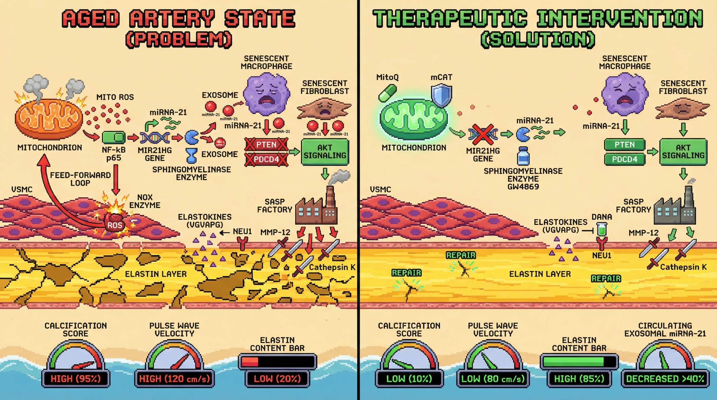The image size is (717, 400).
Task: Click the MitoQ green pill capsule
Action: tap(387, 93)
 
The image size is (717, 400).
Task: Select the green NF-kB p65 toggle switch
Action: tap(114, 137)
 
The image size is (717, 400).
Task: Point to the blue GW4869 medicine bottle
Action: tap(523, 156)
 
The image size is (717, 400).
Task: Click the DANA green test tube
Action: tap(602, 230)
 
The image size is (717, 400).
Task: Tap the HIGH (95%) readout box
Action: tap(76, 379)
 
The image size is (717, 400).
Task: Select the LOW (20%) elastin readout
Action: tap(277, 379)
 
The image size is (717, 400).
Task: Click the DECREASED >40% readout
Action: tap(665, 379)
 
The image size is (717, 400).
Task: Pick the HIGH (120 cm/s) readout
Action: tap(175, 379)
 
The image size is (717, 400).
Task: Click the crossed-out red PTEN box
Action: tap(266, 145)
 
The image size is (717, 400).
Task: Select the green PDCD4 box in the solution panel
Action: tap(625, 159)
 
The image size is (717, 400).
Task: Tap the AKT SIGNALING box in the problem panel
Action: tap(325, 152)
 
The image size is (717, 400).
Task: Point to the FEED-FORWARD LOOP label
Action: tap(80, 179)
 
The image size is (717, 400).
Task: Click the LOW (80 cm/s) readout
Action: tap(493, 379)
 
